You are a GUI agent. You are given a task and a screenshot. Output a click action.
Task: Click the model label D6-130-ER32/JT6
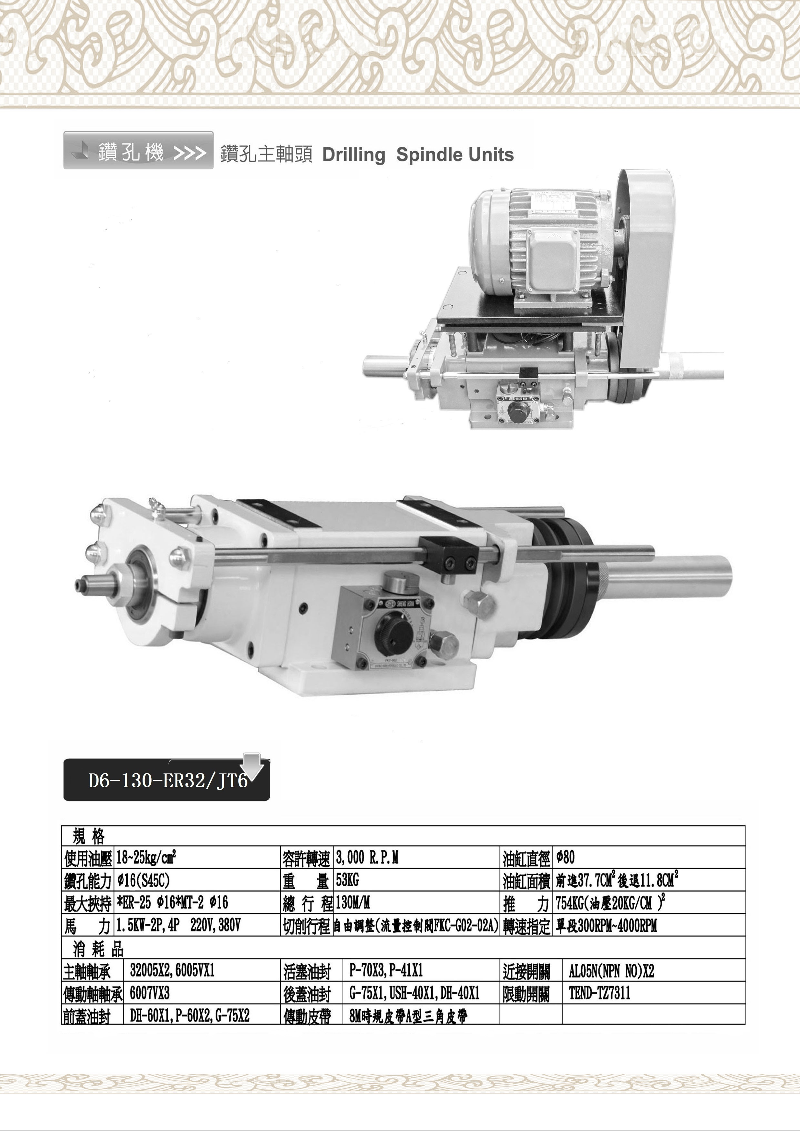[168, 781]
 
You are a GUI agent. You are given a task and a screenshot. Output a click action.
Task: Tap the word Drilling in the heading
[354, 155]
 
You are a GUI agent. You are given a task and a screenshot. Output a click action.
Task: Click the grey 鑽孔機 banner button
[138, 150]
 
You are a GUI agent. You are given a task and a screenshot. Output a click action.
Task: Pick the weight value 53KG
[347, 880]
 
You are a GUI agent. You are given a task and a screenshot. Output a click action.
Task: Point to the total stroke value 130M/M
[353, 902]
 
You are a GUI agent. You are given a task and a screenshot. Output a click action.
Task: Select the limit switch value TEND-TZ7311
[599, 993]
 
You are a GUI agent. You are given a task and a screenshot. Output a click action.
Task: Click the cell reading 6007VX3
[150, 993]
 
